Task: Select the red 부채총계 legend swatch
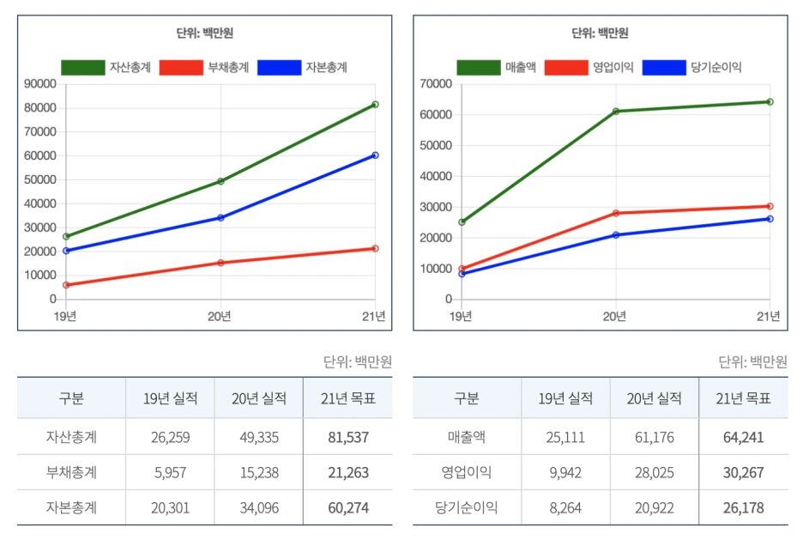pos(182,68)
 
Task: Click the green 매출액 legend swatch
pos(478,68)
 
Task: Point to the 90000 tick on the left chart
pos(41,84)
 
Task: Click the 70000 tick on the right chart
pos(437,84)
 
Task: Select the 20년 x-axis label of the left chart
pos(220,316)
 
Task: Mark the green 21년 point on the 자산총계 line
pos(375,105)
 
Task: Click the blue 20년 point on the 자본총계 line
pos(220,218)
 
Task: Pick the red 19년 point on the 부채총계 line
pos(66,285)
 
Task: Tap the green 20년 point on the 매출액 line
pos(615,112)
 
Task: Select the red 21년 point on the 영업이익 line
pos(770,206)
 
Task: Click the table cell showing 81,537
pos(347,438)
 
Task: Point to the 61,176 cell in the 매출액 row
pos(654,438)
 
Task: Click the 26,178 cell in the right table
pos(743,508)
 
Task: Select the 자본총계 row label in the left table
pos(71,508)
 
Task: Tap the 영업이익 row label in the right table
pos(467,473)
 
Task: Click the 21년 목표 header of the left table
pos(347,398)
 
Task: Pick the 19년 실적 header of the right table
pos(565,398)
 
